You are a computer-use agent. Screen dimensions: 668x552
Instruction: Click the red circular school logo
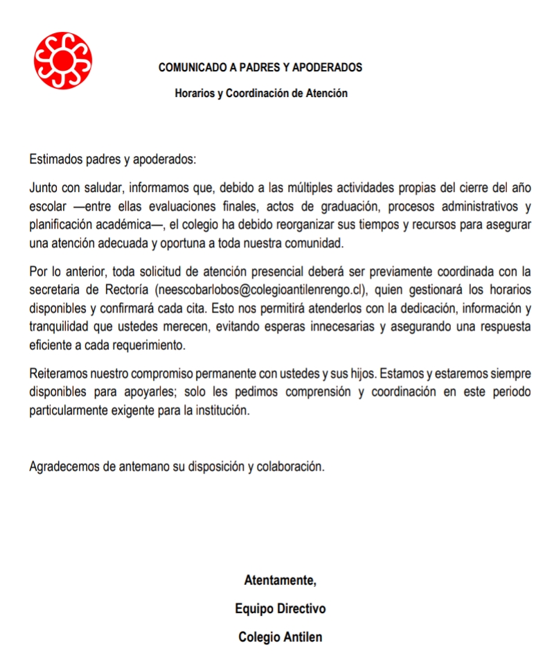pos(63,60)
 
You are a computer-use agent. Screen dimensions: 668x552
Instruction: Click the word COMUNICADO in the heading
pos(189,68)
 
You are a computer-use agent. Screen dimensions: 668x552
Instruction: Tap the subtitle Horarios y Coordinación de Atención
pos(260,93)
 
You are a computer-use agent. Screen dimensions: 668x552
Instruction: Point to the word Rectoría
pos(127,289)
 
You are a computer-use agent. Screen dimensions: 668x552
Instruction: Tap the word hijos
pos(360,373)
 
